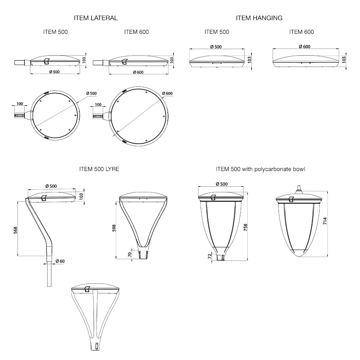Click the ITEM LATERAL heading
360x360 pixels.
point(96,18)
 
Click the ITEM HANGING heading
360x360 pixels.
point(259,18)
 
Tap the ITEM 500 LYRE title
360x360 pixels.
point(99,169)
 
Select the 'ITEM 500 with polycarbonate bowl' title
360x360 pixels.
point(261,169)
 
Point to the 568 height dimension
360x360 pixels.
point(15,230)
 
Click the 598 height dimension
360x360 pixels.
point(114,228)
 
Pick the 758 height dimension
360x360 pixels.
point(246,227)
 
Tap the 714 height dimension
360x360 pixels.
point(325,221)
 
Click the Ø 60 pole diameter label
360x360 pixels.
point(60,261)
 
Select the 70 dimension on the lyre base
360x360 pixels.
point(130,255)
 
